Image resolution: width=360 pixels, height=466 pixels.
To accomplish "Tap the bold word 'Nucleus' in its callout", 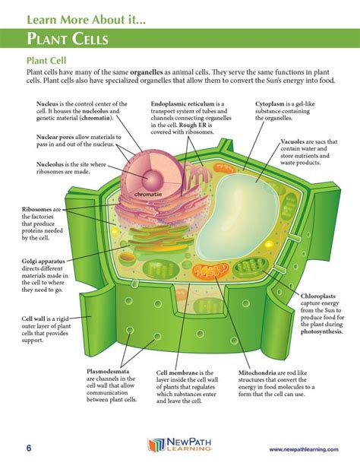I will pos(49,103).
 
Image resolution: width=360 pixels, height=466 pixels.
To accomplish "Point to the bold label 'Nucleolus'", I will pos(52,163).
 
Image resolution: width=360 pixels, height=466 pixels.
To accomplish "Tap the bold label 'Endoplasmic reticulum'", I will pos(186,103).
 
